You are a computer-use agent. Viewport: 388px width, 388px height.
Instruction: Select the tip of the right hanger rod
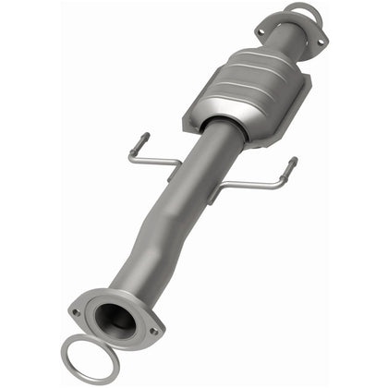[293, 163]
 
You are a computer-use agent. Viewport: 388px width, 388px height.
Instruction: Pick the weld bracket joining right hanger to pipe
[214, 191]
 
